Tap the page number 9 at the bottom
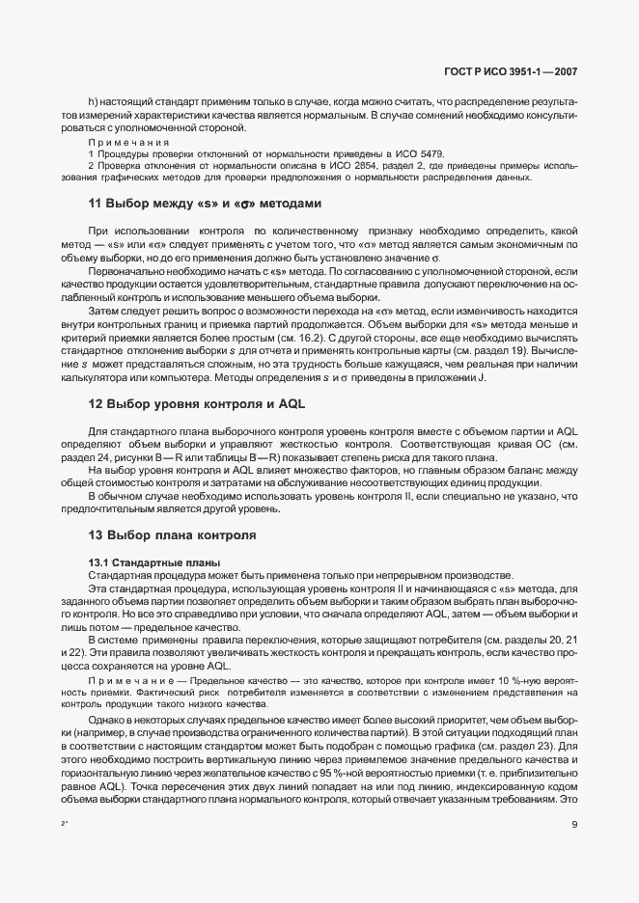coord(573,823)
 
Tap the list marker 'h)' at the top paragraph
coord(93,101)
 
